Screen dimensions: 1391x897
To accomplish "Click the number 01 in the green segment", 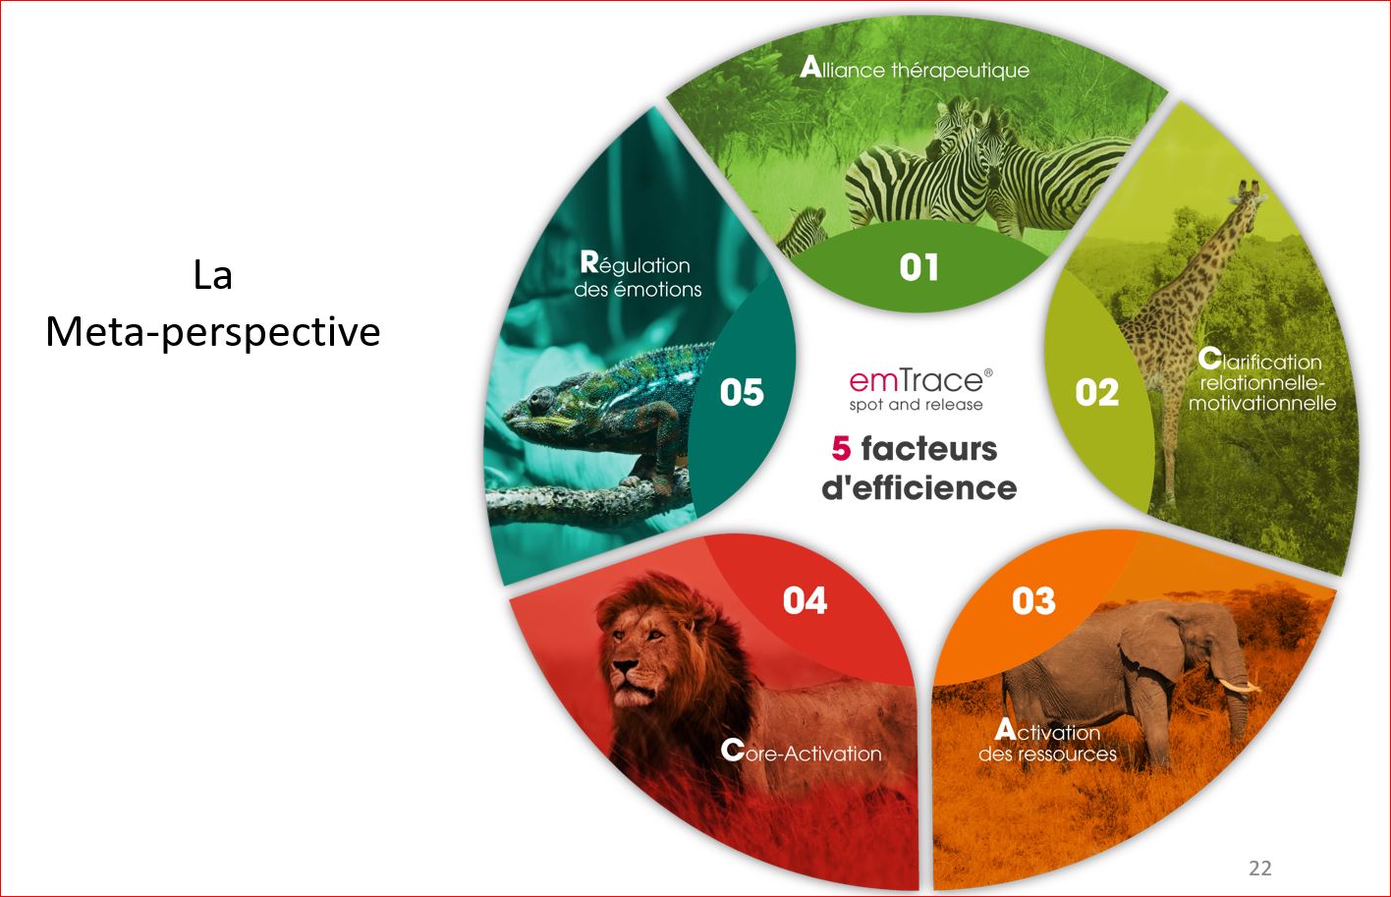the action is click(x=919, y=268).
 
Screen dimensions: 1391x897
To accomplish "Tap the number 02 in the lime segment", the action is click(x=1096, y=393).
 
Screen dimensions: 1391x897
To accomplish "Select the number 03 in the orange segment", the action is click(x=1033, y=600).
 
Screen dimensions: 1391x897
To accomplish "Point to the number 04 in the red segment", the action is click(x=805, y=600).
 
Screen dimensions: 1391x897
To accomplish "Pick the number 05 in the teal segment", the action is click(x=742, y=393).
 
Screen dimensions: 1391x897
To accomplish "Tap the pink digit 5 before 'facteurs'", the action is click(x=841, y=448).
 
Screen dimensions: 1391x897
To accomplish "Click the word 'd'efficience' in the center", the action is click(x=919, y=488).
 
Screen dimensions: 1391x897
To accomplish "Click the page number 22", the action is click(x=1260, y=868).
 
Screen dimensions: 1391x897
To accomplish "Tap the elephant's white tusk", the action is click(x=1238, y=685).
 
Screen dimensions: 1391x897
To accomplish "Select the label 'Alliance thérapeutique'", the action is click(x=915, y=69).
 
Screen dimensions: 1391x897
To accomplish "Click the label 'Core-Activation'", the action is click(x=801, y=752).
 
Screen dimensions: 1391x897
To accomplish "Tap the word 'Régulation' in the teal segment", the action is click(x=636, y=264).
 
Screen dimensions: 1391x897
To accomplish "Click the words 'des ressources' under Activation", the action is click(x=1047, y=755).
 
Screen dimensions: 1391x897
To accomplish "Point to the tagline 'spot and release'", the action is click(x=916, y=405).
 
